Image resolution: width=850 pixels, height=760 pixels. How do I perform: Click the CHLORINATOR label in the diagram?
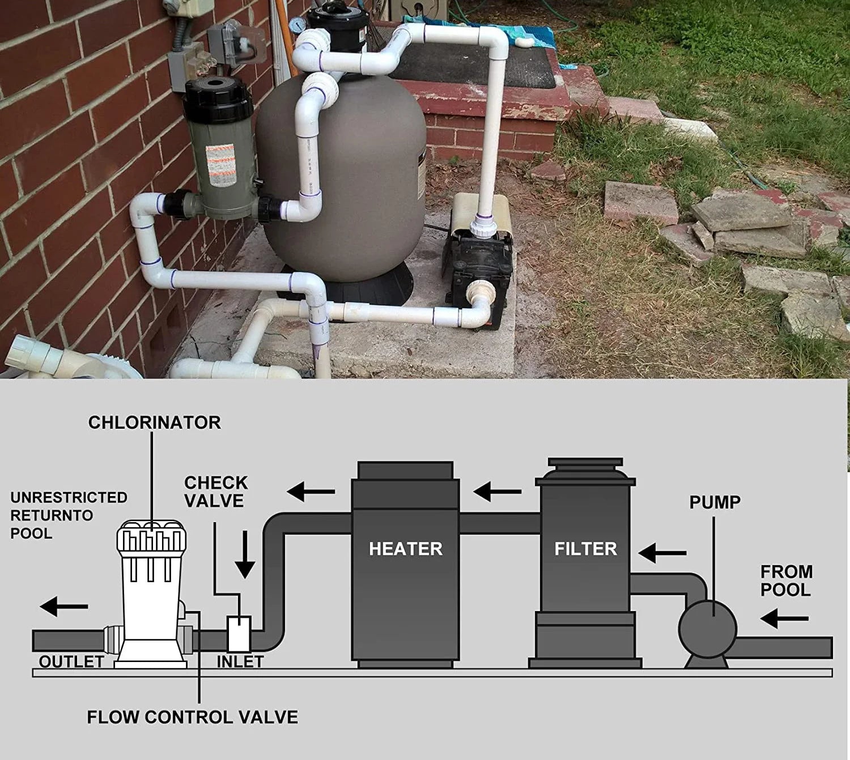click(154, 422)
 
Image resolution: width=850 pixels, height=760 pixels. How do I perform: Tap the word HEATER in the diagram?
click(405, 549)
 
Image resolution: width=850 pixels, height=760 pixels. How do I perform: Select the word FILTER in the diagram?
click(586, 549)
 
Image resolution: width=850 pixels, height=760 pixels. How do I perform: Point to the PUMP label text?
click(715, 502)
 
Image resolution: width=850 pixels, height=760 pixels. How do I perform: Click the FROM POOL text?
click(787, 581)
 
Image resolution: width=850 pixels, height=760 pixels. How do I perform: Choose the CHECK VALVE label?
click(216, 492)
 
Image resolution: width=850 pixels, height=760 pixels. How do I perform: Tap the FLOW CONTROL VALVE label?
click(193, 717)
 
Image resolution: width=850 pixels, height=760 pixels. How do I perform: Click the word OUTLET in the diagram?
click(71, 661)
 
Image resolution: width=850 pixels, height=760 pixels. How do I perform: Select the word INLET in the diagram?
click(240, 661)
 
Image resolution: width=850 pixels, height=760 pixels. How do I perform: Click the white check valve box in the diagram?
click(239, 634)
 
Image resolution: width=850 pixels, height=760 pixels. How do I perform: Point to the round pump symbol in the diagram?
click(707, 629)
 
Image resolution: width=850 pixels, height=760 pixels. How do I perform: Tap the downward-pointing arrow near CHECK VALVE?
click(245, 554)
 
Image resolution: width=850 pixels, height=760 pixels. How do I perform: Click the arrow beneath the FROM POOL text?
click(784, 618)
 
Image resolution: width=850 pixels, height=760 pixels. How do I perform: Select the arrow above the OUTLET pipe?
click(64, 607)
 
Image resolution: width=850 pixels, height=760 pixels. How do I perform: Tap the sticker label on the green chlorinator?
click(221, 164)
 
